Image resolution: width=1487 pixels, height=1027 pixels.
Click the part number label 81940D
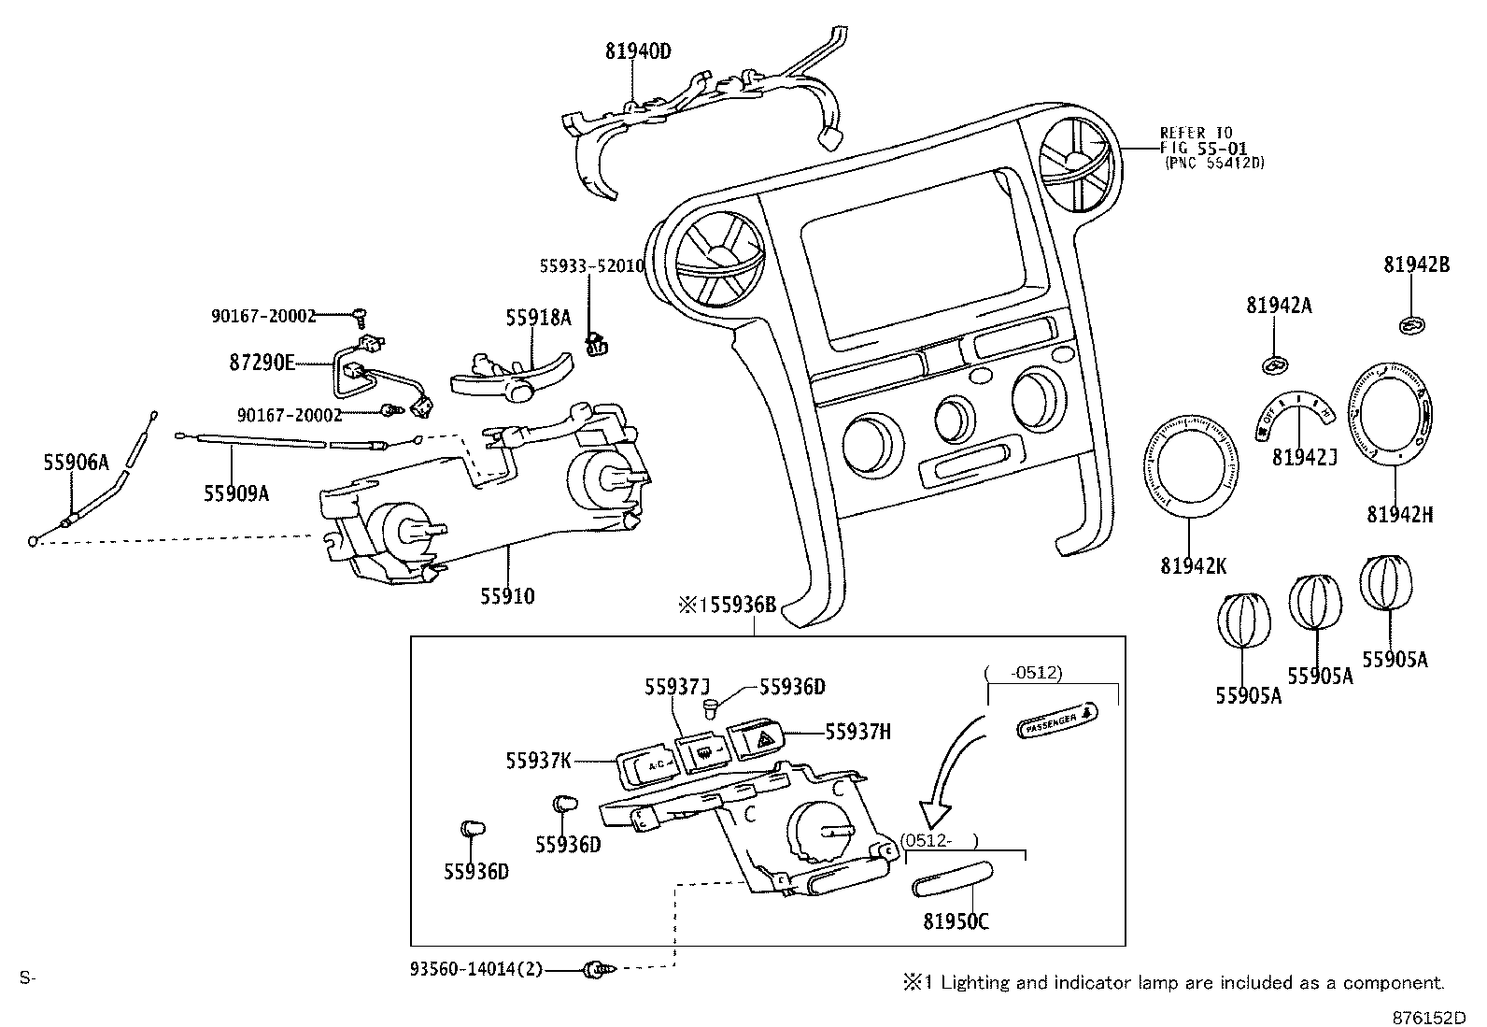coord(638,51)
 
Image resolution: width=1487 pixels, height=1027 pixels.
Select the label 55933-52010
coord(591,266)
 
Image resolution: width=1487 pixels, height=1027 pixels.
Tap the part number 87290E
coord(262,362)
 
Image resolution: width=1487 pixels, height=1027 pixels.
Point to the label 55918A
coord(538,318)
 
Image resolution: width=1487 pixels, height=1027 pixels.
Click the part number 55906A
coord(76,462)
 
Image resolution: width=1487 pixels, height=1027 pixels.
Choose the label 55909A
coord(236,492)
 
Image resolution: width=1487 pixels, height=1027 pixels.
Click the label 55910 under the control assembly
coord(508,595)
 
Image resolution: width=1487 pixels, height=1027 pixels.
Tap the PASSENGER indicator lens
coord(1057,722)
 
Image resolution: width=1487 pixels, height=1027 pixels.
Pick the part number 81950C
coord(956,921)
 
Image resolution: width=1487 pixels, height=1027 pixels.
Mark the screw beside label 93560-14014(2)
coord(592,971)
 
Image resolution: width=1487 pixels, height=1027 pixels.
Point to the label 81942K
coord(1194,565)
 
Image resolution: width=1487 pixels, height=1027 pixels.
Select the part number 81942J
coord(1304,457)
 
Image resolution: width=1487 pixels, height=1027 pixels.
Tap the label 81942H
coord(1399,514)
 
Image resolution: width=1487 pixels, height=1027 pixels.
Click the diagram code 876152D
coord(1429,1016)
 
